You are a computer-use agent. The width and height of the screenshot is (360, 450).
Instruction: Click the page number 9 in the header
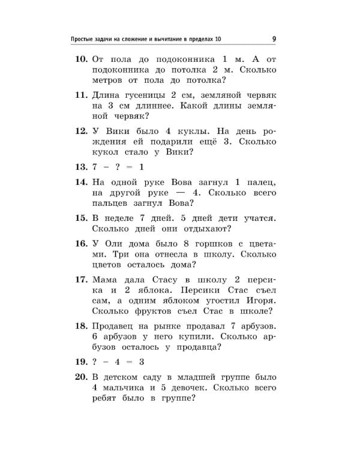(x=274, y=40)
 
